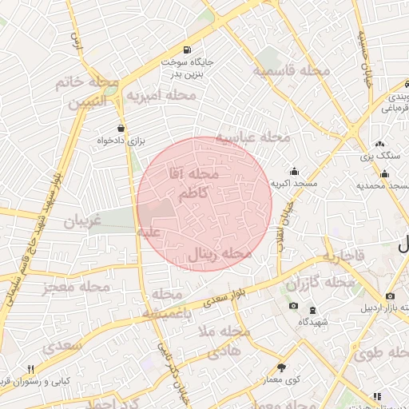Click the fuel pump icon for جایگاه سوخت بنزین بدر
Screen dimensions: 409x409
click(x=187, y=49)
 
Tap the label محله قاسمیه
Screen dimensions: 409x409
click(x=292, y=71)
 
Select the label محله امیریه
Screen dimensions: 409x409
click(x=162, y=96)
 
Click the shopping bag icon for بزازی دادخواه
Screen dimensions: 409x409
click(x=121, y=127)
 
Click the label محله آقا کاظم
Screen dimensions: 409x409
click(x=194, y=183)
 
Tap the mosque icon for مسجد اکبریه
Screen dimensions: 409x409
click(x=295, y=170)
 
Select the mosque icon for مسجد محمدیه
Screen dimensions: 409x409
click(x=385, y=174)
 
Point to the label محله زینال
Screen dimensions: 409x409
click(x=220, y=254)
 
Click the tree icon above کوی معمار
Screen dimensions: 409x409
click(x=281, y=367)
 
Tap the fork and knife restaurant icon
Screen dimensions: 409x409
click(x=31, y=368)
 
